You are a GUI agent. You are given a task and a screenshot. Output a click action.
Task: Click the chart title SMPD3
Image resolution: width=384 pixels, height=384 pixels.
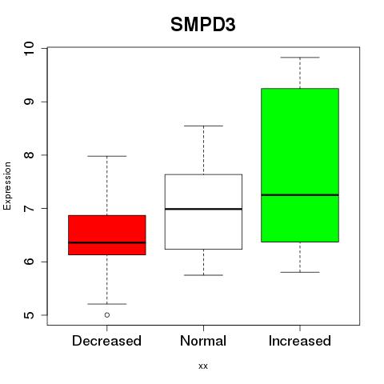pos(203,25)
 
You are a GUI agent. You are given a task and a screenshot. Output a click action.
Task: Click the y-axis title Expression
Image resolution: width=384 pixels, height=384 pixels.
pos(7,186)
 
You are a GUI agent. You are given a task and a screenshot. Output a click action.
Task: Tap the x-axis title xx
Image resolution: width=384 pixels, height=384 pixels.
pos(203,366)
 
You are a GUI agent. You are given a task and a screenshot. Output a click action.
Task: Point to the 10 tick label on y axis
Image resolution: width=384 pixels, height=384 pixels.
pos(30,49)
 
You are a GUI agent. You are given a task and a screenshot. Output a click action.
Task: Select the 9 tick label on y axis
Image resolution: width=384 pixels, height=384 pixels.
pos(30,102)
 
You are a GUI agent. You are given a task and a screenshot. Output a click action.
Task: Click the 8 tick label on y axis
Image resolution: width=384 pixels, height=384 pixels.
pos(30,155)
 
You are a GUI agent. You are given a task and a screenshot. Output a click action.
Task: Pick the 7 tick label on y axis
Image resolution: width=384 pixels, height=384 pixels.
pos(30,208)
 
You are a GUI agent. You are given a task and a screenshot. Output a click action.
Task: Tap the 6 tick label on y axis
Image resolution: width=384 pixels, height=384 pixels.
pos(30,262)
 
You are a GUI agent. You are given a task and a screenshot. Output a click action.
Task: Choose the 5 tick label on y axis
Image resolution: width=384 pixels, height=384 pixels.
pos(30,315)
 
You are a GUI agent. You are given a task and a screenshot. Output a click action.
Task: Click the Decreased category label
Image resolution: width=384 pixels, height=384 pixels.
pos(106,341)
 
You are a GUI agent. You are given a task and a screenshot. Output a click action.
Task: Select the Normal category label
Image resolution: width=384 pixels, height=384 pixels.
pos(203,341)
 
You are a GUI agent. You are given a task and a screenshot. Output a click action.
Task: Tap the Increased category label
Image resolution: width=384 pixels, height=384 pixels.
pos(300,341)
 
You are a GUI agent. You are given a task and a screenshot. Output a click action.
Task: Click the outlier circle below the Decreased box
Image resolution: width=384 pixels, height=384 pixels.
pos(107,315)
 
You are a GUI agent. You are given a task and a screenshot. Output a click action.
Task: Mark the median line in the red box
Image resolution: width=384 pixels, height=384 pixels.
pos(107,242)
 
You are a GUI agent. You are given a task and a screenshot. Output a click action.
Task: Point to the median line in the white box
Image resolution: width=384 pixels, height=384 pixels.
pos(203,209)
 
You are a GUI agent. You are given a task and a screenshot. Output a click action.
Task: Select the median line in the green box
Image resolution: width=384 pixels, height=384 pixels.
pos(300,195)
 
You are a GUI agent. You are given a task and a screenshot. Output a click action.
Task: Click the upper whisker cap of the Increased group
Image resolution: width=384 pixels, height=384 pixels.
pos(300,58)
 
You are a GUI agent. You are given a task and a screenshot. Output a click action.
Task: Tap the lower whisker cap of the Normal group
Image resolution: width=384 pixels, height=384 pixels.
pos(203,275)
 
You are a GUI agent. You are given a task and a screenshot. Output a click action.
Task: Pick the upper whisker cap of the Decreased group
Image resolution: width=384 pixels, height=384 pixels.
pos(107,156)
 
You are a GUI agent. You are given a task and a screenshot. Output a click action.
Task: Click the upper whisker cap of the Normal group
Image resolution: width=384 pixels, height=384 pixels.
pos(203,126)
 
